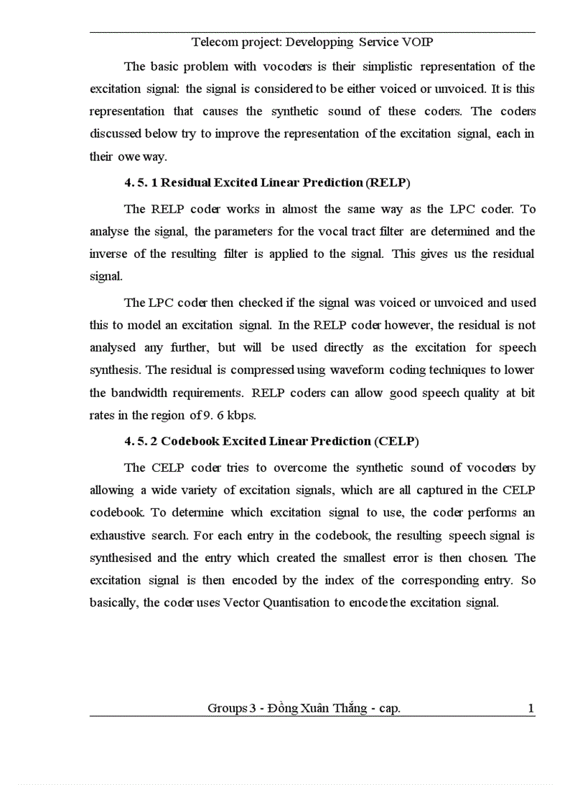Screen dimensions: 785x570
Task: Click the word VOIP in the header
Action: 416,42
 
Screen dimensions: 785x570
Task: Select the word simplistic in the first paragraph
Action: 377,67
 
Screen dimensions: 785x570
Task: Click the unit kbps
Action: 240,415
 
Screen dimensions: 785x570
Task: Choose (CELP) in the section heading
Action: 396,441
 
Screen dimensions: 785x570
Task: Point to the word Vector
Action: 242,603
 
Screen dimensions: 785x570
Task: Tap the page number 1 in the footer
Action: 531,709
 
